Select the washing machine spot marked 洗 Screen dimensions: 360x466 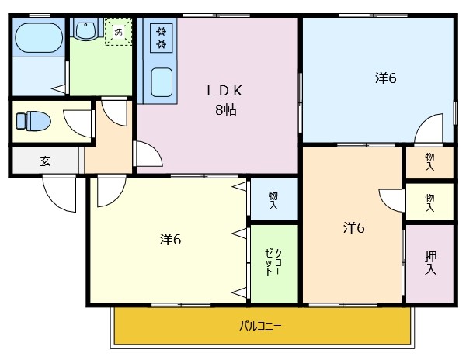[118, 33]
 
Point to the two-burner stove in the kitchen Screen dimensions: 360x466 [162, 37]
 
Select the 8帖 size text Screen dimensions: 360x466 [225, 109]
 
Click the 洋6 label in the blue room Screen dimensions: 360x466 [385, 78]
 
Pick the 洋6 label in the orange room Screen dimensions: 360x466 [354, 227]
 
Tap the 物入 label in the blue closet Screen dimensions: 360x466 [273, 199]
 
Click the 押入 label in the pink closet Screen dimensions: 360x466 [430, 262]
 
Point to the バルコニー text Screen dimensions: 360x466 [260, 326]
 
